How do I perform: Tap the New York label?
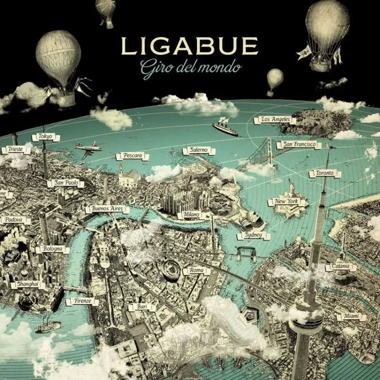pos(286,202)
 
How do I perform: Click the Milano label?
pos(191,215)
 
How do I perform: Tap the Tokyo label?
pos(45,137)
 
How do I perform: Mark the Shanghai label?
pos(27,284)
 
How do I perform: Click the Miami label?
pos(351,316)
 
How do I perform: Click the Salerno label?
pos(198,151)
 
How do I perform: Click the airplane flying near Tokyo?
pos(88,148)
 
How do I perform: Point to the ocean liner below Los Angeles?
pos(225,129)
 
